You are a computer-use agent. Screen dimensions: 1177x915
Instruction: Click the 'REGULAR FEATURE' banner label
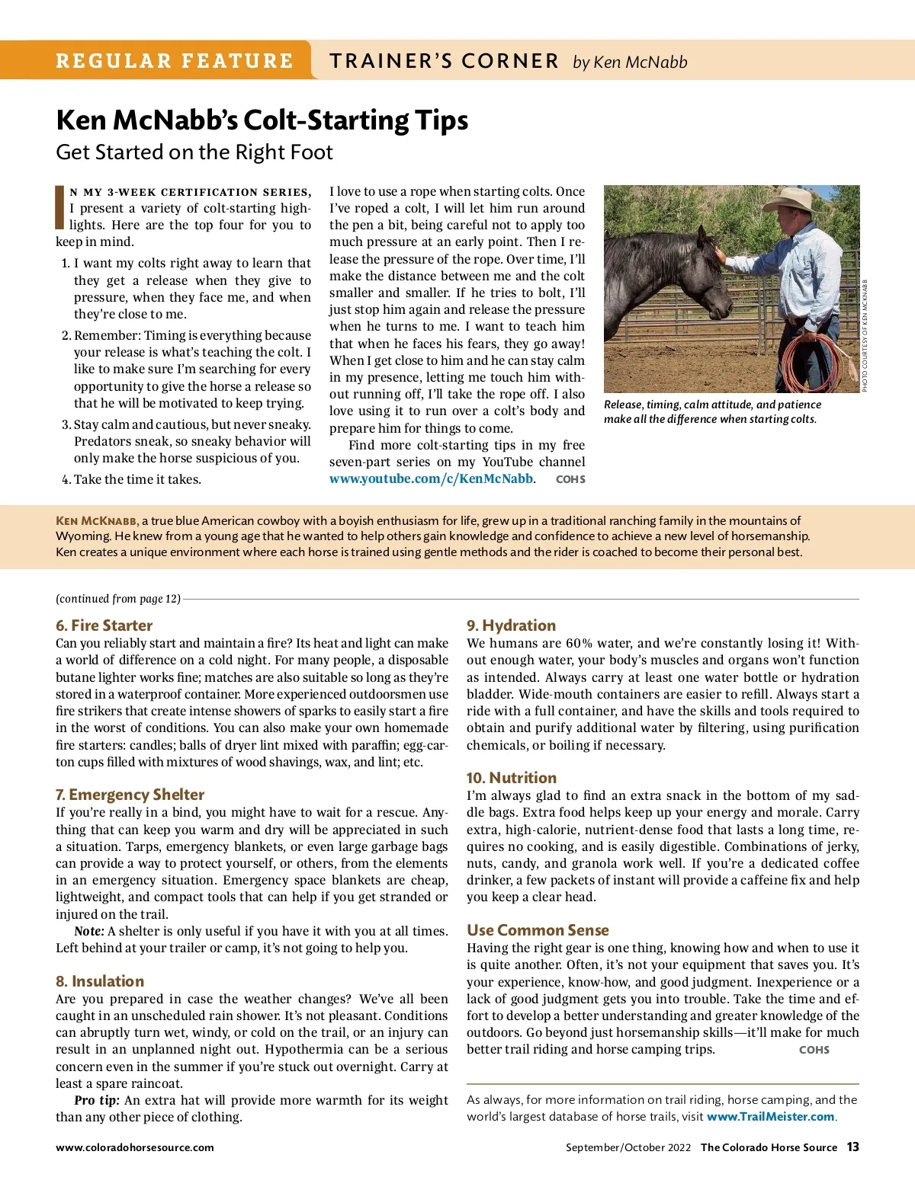174,61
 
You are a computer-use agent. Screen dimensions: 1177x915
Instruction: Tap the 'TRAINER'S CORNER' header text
444,61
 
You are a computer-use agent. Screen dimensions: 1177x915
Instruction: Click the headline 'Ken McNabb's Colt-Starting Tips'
262,120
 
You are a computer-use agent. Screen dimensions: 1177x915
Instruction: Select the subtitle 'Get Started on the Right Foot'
194,152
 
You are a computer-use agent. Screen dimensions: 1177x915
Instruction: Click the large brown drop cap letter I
60,207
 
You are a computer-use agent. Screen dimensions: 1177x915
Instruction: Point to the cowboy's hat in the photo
794,200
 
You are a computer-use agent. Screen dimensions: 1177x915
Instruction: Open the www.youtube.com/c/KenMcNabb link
431,478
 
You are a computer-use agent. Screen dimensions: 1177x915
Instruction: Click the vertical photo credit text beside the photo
865,335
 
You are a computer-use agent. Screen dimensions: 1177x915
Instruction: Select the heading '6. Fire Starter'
104,625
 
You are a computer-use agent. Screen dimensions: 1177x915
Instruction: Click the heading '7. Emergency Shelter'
130,795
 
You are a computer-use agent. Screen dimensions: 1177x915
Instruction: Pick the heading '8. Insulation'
100,981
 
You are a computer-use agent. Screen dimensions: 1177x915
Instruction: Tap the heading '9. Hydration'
511,625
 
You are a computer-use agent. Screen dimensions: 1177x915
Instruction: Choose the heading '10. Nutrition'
511,778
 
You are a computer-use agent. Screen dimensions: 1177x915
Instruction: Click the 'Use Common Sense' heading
538,930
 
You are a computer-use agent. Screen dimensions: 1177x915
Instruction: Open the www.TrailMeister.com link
770,1117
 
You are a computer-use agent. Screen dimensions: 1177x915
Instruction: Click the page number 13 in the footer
852,1147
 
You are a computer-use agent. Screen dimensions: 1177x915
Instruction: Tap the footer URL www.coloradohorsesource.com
134,1147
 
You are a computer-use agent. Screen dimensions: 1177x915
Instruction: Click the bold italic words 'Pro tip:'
97,1100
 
